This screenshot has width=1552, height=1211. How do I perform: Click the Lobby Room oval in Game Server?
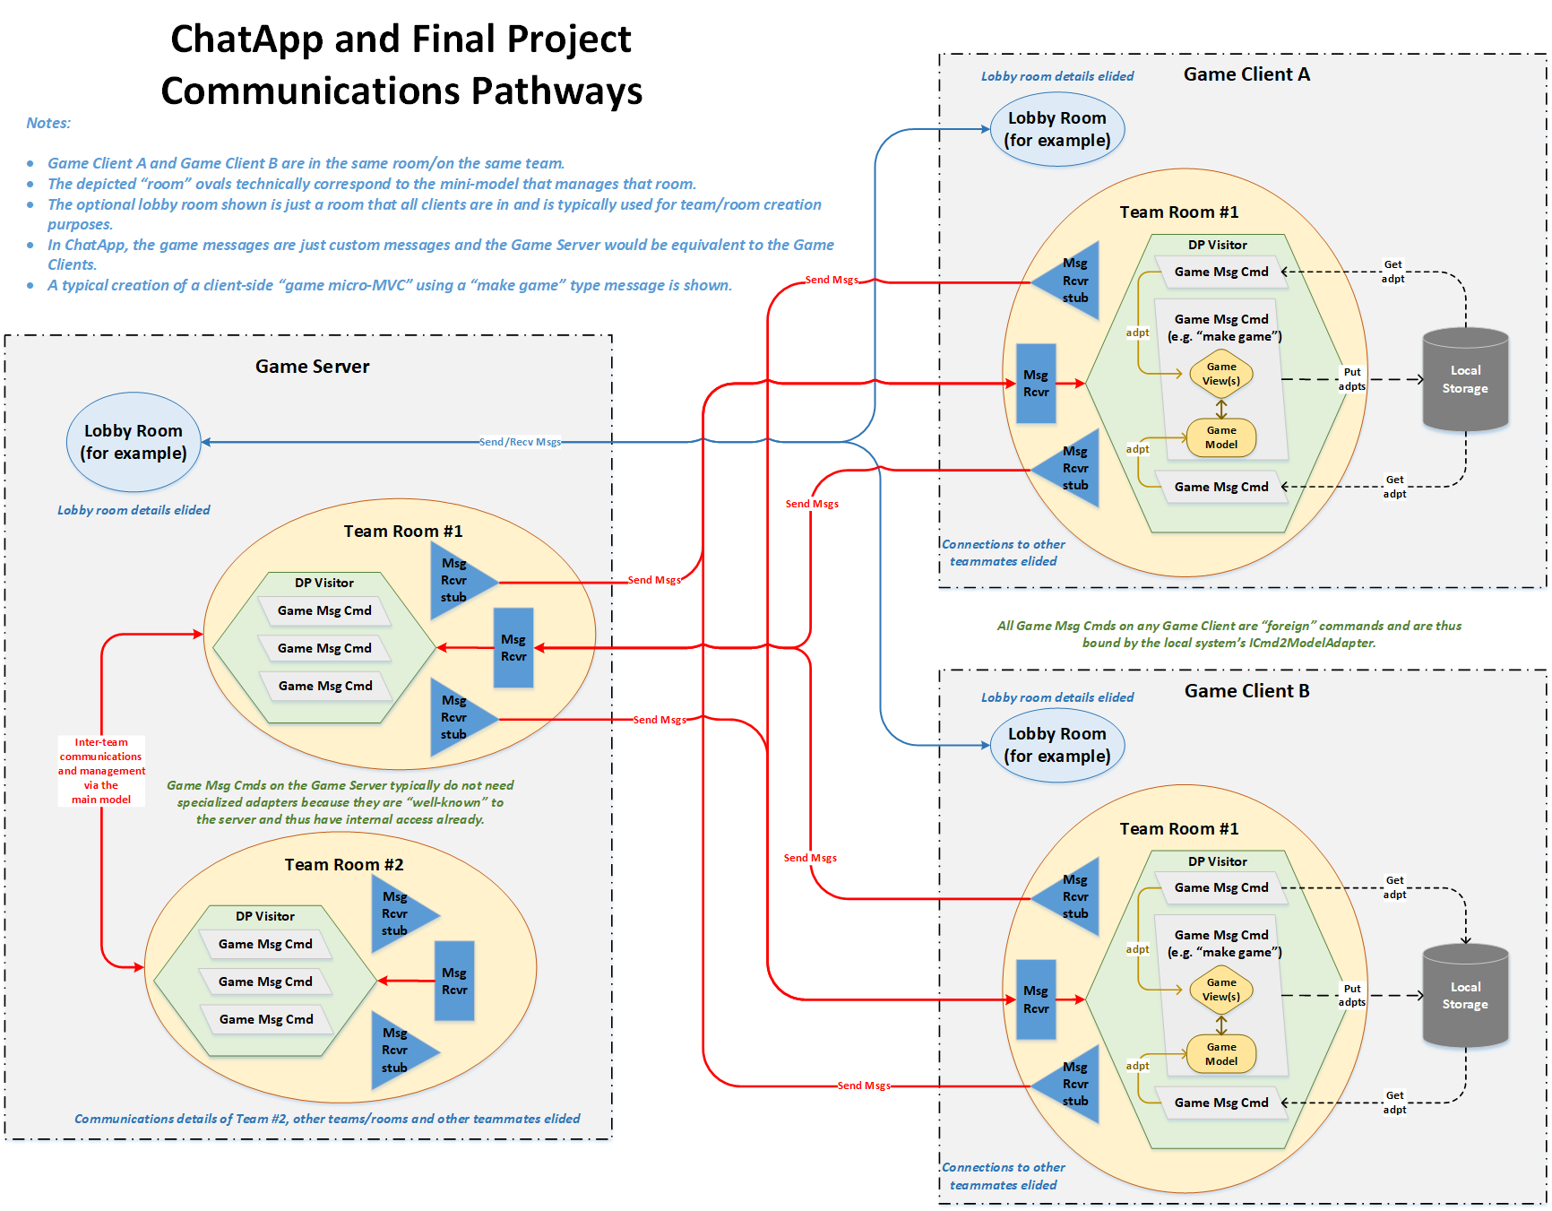click(x=134, y=442)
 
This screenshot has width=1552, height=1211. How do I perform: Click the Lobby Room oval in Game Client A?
click(x=1056, y=129)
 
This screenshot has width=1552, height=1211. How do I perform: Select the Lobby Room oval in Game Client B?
click(x=1056, y=745)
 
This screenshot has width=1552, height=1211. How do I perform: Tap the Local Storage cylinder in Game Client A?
click(x=1465, y=380)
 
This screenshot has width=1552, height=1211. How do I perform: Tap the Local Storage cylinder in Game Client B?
click(x=1465, y=996)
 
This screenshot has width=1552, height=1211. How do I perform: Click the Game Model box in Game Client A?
click(x=1220, y=437)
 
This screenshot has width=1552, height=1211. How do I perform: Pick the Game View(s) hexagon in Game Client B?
click(x=1220, y=990)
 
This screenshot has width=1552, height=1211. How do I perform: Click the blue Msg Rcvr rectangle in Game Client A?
click(x=1036, y=384)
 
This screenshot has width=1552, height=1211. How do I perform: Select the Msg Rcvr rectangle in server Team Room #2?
click(x=454, y=981)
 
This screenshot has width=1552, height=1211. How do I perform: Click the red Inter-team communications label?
click(x=101, y=771)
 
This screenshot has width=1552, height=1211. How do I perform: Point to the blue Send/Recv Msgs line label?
click(x=520, y=442)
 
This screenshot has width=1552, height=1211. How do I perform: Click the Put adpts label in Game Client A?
click(x=1351, y=379)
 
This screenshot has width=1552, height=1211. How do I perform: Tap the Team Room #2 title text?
click(x=344, y=864)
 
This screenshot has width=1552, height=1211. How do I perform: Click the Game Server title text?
click(x=312, y=366)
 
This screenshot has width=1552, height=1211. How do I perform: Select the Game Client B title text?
click(x=1246, y=691)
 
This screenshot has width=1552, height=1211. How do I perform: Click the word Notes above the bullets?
click(x=48, y=123)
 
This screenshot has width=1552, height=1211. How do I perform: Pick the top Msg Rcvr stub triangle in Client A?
click(x=1072, y=281)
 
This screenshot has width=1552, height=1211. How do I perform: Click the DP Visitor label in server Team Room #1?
click(x=323, y=583)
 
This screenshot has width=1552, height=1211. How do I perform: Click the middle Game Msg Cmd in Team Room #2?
click(x=265, y=982)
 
